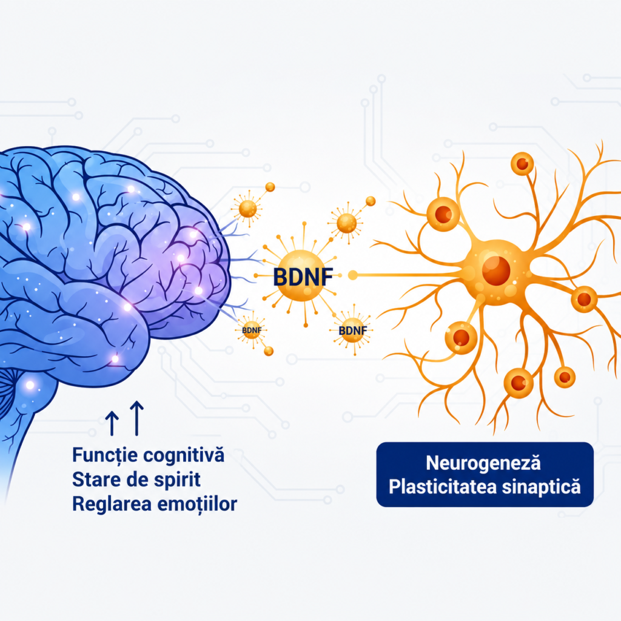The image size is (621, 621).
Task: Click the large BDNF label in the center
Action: point(303,277)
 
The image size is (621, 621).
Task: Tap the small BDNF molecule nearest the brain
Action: point(252,330)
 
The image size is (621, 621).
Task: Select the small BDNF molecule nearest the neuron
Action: point(352,330)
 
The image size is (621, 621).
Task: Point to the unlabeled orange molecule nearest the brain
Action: point(248,209)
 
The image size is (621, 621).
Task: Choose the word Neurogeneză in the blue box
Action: point(483,463)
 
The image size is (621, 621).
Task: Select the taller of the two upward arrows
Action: point(136,418)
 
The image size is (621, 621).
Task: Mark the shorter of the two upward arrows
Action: point(112,423)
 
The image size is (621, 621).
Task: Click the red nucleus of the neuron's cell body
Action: point(496,270)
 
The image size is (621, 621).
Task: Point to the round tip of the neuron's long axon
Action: point(352,275)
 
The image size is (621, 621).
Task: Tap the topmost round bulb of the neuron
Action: point(522,164)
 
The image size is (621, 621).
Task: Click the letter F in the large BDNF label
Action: point(327,277)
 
